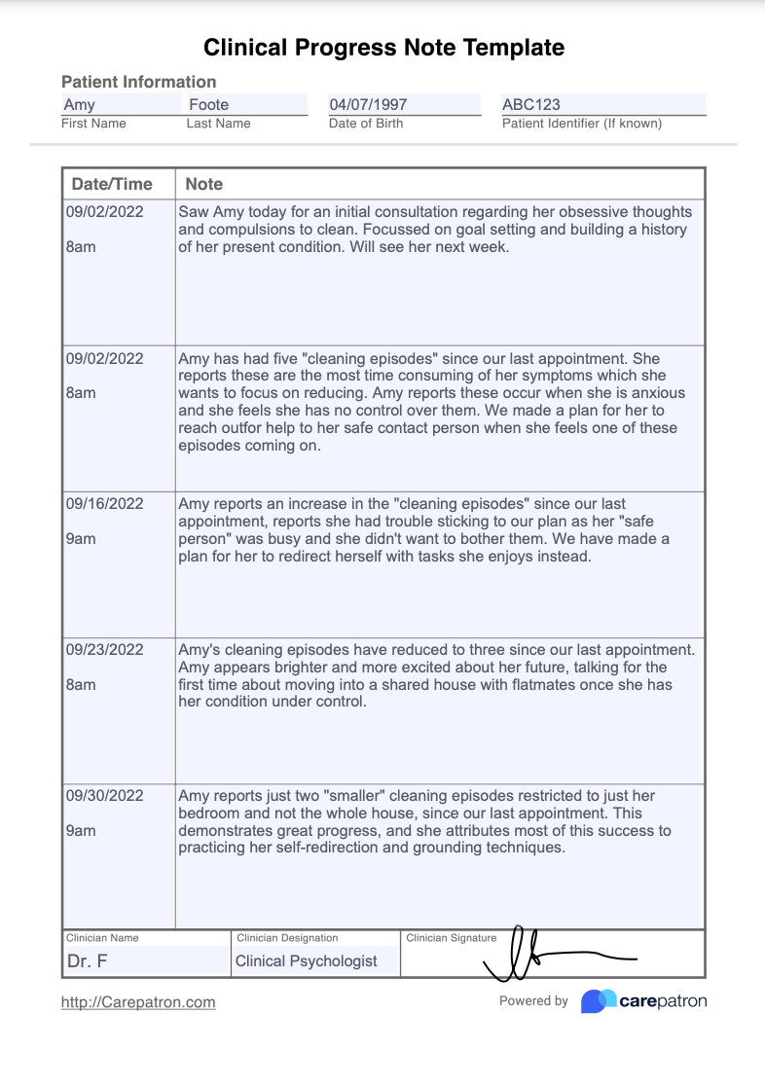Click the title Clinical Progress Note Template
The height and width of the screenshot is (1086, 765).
tap(383, 48)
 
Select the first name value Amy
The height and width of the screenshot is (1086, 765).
tap(80, 104)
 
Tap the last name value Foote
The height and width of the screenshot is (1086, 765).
tap(208, 104)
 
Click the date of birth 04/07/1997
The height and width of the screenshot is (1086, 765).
tap(368, 104)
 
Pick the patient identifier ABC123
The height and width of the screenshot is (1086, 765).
tap(531, 104)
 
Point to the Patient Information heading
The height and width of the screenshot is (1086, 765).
tap(138, 82)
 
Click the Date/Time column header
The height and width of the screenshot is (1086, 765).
tap(112, 184)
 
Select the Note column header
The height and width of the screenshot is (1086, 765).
tap(204, 184)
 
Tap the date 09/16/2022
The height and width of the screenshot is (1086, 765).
tap(104, 504)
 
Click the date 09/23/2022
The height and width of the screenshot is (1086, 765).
tap(104, 650)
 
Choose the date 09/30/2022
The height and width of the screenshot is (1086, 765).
tap(104, 796)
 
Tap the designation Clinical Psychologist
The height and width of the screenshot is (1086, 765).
tap(306, 961)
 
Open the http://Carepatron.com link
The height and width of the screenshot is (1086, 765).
tap(138, 1002)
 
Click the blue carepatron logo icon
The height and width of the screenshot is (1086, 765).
tap(598, 1001)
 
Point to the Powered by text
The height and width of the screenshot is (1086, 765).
tap(533, 1001)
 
